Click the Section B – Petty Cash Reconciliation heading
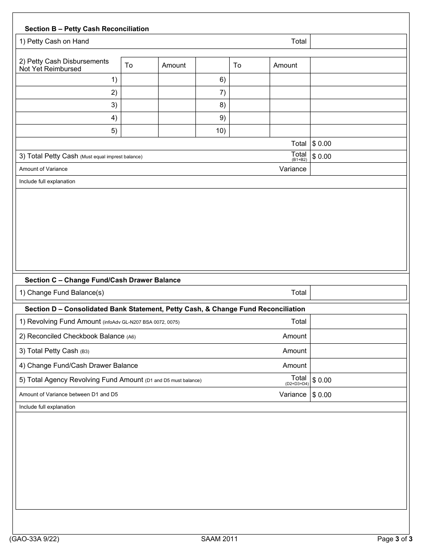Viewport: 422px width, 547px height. tap(87, 29)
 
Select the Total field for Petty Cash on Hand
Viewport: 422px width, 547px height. tap(358, 41)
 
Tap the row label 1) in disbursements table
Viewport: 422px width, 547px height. tap(114, 80)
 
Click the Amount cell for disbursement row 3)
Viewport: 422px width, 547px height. tap(177, 105)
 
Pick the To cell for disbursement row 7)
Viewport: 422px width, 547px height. tap(250, 93)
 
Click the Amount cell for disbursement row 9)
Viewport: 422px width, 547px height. tap(290, 118)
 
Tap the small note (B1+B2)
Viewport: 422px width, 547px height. tap(299, 160)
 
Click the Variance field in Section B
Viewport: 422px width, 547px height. tap(358, 169)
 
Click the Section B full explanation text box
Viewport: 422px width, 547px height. tap(211, 229)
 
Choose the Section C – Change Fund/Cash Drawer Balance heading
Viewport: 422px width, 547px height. tap(103, 280)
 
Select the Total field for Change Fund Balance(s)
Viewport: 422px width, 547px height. tap(358, 293)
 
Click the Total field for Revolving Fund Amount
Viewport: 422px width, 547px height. tap(358, 322)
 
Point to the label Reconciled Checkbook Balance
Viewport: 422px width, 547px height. tap(76, 336)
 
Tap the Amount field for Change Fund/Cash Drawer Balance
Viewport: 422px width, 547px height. tap(358, 366)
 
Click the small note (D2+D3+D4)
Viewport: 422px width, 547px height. tap(297, 383)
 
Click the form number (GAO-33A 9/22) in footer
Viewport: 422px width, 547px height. tap(34, 539)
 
